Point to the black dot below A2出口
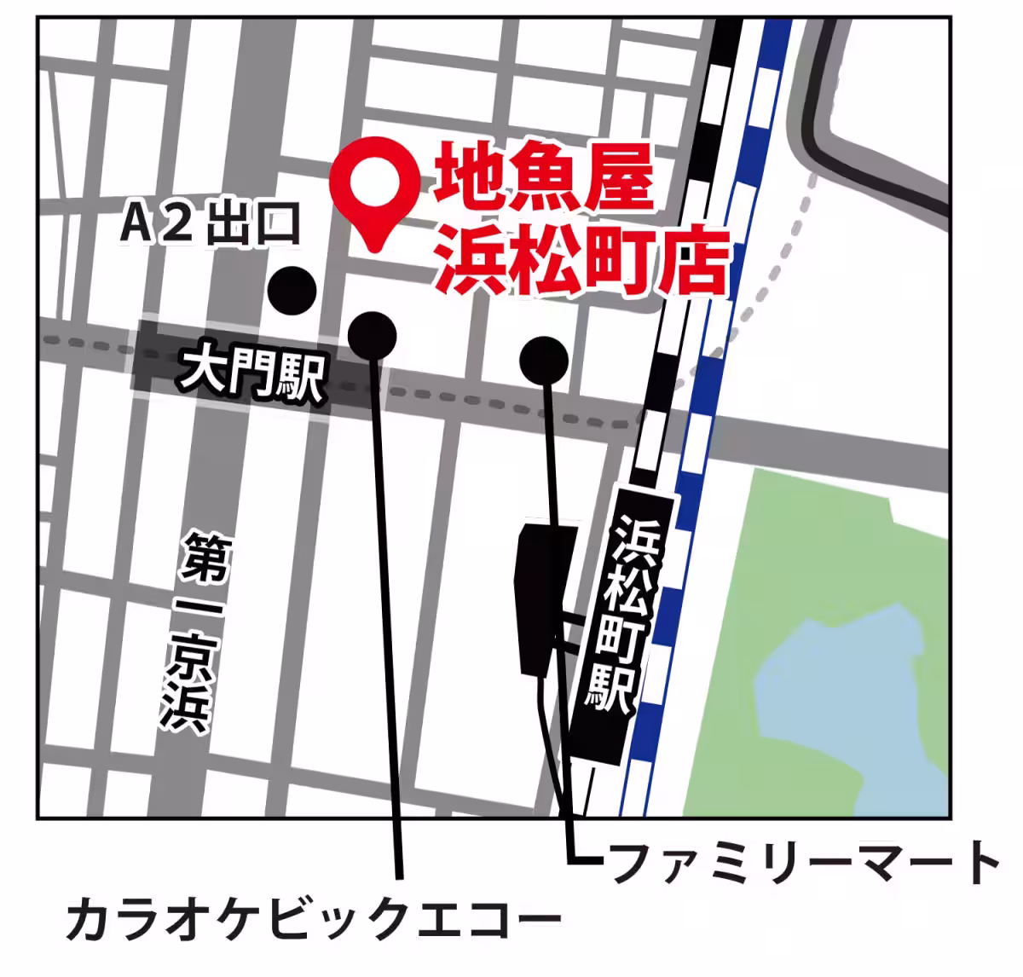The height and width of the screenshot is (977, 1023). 292,291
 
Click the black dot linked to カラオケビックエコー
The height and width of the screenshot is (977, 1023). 373,333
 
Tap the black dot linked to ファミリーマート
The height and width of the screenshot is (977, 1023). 543,360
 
